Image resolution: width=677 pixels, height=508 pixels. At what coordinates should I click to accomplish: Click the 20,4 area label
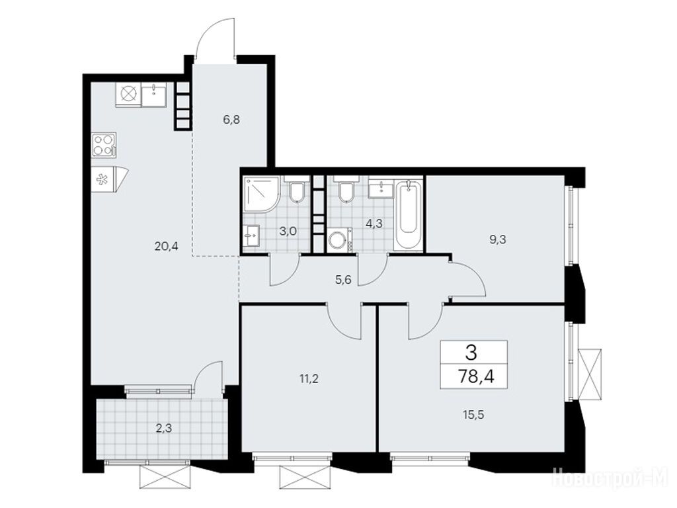click(166, 247)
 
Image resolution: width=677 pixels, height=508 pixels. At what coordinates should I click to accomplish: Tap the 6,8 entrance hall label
click(231, 120)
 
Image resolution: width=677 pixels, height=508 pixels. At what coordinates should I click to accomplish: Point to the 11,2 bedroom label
click(309, 379)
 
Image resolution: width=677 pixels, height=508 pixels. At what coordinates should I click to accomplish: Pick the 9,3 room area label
click(497, 239)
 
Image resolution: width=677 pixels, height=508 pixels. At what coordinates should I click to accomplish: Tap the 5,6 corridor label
click(343, 280)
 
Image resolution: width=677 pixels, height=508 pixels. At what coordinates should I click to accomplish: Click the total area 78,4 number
click(476, 376)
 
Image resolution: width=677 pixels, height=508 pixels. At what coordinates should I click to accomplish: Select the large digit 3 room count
click(471, 353)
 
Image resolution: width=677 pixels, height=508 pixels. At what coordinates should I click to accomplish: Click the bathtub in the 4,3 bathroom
click(408, 215)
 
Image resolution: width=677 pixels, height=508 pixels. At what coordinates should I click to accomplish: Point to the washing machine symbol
click(340, 241)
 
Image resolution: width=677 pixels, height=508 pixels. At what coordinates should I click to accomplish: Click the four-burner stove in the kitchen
click(104, 144)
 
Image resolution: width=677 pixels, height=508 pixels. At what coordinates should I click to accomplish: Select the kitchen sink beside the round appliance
click(153, 95)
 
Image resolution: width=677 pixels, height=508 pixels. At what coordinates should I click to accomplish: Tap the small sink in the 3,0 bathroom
click(251, 235)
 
